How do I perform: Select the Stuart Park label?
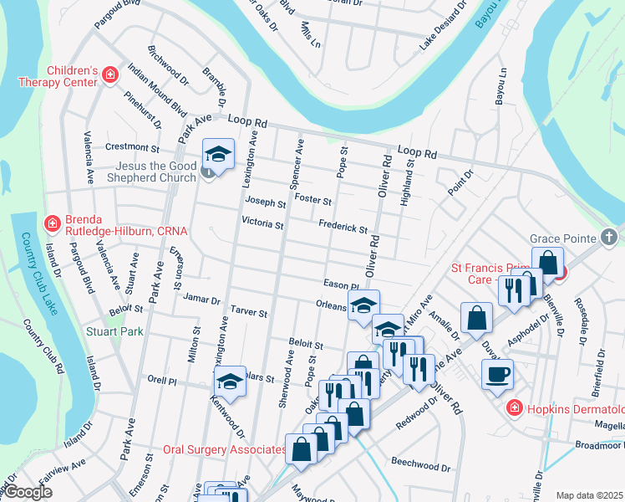(114, 331)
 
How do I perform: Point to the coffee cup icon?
(498, 373)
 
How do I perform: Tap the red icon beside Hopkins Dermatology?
(514, 407)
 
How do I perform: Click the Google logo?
(27, 493)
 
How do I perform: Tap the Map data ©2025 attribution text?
(590, 495)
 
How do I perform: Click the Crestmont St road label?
(126, 147)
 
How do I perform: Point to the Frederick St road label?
(343, 227)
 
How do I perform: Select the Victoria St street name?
(262, 223)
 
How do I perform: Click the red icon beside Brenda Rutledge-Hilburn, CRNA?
(52, 224)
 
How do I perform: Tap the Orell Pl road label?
(162, 380)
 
